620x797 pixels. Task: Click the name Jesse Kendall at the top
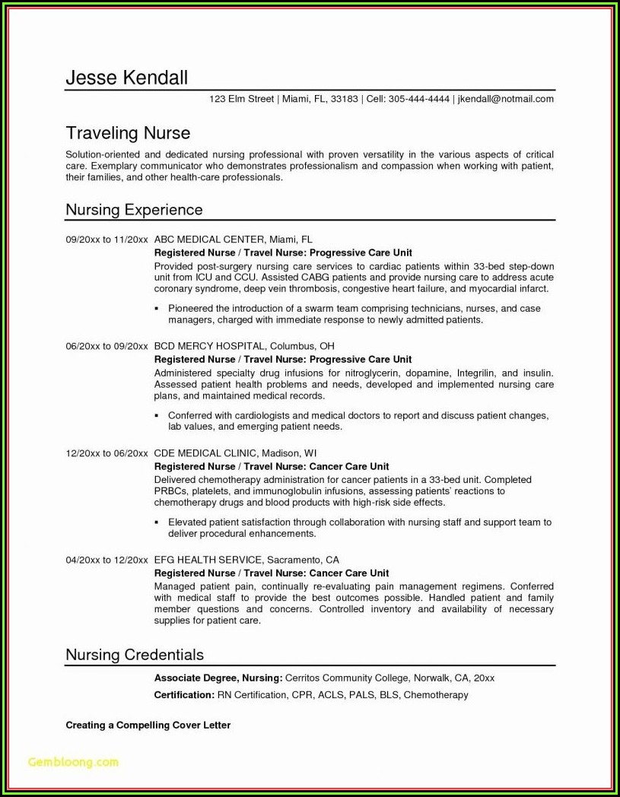pyautogui.click(x=126, y=78)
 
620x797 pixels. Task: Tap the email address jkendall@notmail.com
pyautogui.click(x=506, y=99)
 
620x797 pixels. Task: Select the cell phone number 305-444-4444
pyautogui.click(x=418, y=99)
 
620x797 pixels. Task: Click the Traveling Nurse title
pyautogui.click(x=128, y=134)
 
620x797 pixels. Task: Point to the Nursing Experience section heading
pyautogui.click(x=134, y=209)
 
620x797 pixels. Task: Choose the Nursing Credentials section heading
pyautogui.click(x=135, y=655)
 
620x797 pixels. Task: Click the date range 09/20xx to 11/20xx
pyautogui.click(x=107, y=239)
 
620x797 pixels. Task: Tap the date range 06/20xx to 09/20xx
pyautogui.click(x=107, y=346)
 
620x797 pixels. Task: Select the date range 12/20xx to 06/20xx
pyautogui.click(x=107, y=453)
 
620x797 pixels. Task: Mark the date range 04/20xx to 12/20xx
pyautogui.click(x=107, y=560)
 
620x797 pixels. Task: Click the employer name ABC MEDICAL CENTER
pyautogui.click(x=209, y=239)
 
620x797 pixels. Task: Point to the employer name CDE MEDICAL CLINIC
pyautogui.click(x=205, y=453)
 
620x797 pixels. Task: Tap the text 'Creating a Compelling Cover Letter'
pyautogui.click(x=148, y=726)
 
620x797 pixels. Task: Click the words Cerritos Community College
pyautogui.click(x=347, y=678)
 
